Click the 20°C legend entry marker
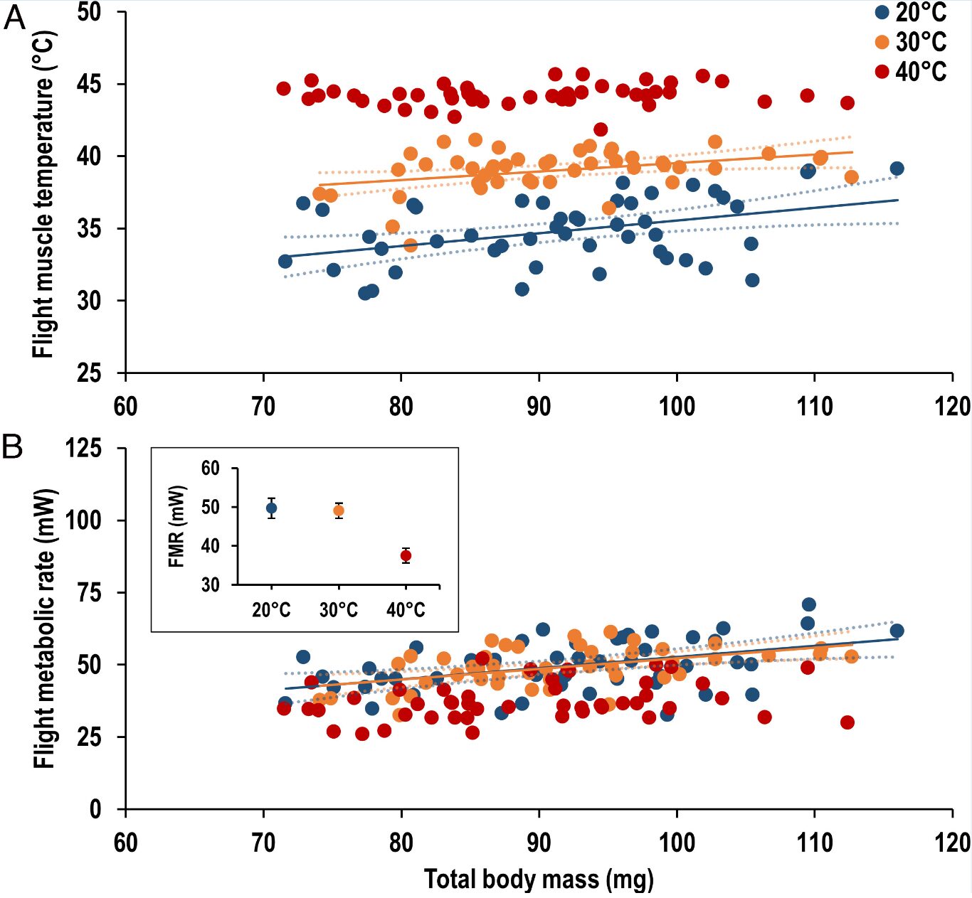882,12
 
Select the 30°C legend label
921,42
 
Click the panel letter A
14,18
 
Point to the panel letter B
12,447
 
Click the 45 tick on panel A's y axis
90,85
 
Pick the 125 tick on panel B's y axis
83,448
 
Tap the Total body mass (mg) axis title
539,880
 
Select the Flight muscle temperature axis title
43,193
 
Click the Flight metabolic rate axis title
43,628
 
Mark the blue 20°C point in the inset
271,508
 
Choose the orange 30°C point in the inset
339,511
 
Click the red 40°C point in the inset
406,556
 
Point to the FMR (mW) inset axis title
176,526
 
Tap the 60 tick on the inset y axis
211,468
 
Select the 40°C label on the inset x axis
406,610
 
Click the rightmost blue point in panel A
897,169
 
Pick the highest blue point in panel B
808,605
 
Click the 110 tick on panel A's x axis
814,407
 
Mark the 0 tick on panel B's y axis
95,809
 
